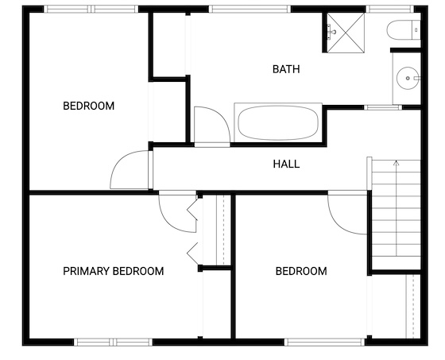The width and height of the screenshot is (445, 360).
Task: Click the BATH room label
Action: (x=286, y=69)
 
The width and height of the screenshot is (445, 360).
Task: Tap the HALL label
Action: (x=286, y=164)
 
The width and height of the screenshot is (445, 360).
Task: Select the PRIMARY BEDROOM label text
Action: (x=113, y=271)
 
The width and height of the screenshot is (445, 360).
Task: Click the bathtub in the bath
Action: (x=278, y=122)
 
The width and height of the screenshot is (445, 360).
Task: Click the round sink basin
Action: (x=408, y=78)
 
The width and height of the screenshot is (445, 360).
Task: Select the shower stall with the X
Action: (x=346, y=33)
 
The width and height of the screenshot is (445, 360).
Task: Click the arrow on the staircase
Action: (x=397, y=208)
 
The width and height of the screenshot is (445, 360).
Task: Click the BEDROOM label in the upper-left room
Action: (x=88, y=106)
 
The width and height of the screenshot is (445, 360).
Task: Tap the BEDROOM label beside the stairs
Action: (x=301, y=271)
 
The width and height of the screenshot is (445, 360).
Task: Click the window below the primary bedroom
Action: (x=113, y=342)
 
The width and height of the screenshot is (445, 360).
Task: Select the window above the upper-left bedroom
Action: (x=91, y=9)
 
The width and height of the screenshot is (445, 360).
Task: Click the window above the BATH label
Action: (x=250, y=9)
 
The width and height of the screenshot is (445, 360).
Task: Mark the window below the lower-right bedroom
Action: (x=325, y=342)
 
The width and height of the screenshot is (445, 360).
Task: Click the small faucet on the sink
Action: (x=416, y=78)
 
